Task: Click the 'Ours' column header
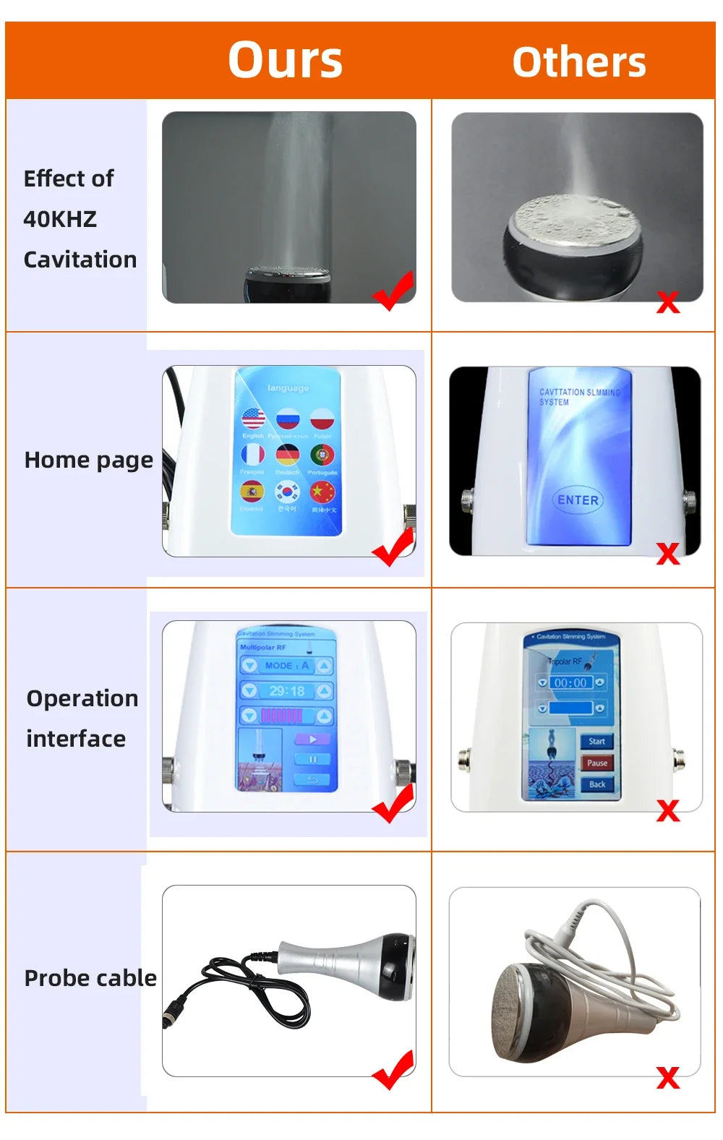pos(285,60)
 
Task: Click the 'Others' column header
pos(578,62)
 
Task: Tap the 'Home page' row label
pos(88,460)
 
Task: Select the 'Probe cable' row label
pos(90,978)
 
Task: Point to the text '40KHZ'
pos(60,219)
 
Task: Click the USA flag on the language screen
pos(253,419)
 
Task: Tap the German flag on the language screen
pos(288,455)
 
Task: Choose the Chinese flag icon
pos(322,492)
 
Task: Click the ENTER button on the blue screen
pos(578,500)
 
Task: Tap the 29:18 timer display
pos(287,691)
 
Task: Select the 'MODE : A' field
pos(287,666)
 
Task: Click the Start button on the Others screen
pos(596,741)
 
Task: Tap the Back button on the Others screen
pos(596,784)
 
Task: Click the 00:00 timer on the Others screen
pos(570,682)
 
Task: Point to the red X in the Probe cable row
pos(668,1078)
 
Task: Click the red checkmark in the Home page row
pos(394,547)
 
